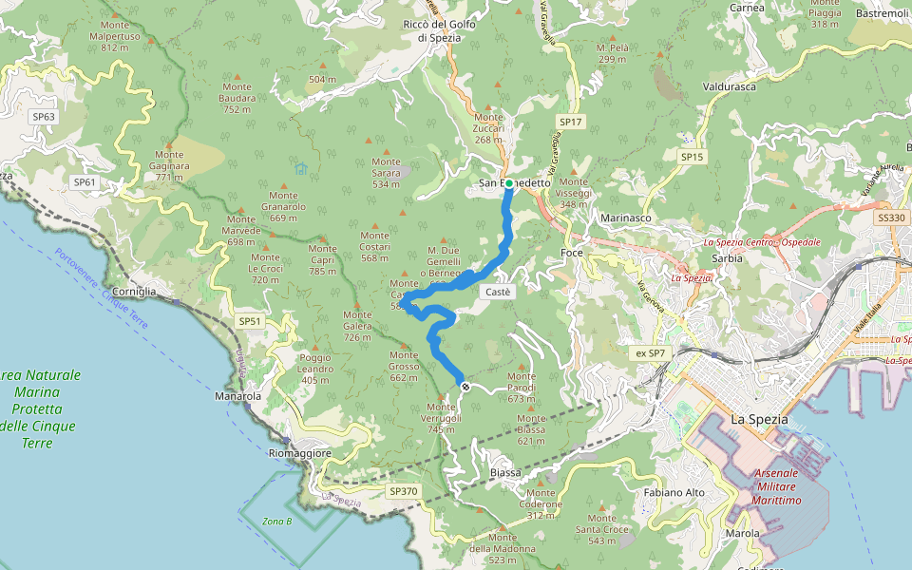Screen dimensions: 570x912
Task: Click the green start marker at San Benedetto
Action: [509, 182]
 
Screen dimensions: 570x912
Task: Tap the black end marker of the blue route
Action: [465, 386]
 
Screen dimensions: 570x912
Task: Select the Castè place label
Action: [499, 292]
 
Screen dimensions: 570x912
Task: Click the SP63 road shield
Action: [44, 117]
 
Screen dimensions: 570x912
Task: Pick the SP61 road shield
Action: [85, 181]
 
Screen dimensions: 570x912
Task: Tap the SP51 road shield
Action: [249, 321]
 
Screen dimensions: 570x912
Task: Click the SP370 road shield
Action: [403, 491]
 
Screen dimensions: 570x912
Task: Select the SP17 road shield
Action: [570, 123]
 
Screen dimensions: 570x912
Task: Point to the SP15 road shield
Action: [692, 156]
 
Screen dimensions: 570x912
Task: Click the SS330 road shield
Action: [891, 218]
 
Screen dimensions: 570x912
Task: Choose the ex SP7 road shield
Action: [651, 353]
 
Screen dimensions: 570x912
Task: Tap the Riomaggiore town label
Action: [299, 453]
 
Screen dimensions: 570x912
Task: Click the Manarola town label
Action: [238, 395]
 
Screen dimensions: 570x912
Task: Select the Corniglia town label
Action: [134, 291]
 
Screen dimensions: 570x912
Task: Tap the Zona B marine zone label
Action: [277, 522]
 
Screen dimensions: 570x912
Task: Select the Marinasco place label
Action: [626, 218]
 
